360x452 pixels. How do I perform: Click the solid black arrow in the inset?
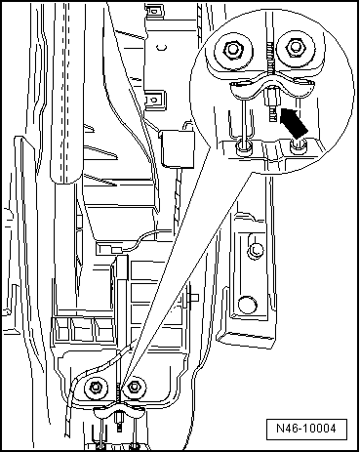click(294, 123)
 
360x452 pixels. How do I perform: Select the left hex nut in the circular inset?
click(233, 49)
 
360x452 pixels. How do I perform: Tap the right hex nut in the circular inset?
click(295, 47)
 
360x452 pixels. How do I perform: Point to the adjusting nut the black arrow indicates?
click(272, 98)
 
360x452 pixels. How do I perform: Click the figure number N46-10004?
click(306, 428)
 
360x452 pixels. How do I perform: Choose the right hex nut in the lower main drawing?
click(133, 387)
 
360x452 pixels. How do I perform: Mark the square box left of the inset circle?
click(178, 148)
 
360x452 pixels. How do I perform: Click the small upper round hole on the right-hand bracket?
click(256, 250)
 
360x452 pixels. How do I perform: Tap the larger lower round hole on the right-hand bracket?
click(247, 304)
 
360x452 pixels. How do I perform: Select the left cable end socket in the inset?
click(244, 146)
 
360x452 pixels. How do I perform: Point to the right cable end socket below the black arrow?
click(298, 146)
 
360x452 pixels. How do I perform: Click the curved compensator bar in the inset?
click(272, 87)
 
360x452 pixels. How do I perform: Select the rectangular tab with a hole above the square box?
click(153, 100)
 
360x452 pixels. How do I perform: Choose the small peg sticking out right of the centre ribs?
click(193, 298)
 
